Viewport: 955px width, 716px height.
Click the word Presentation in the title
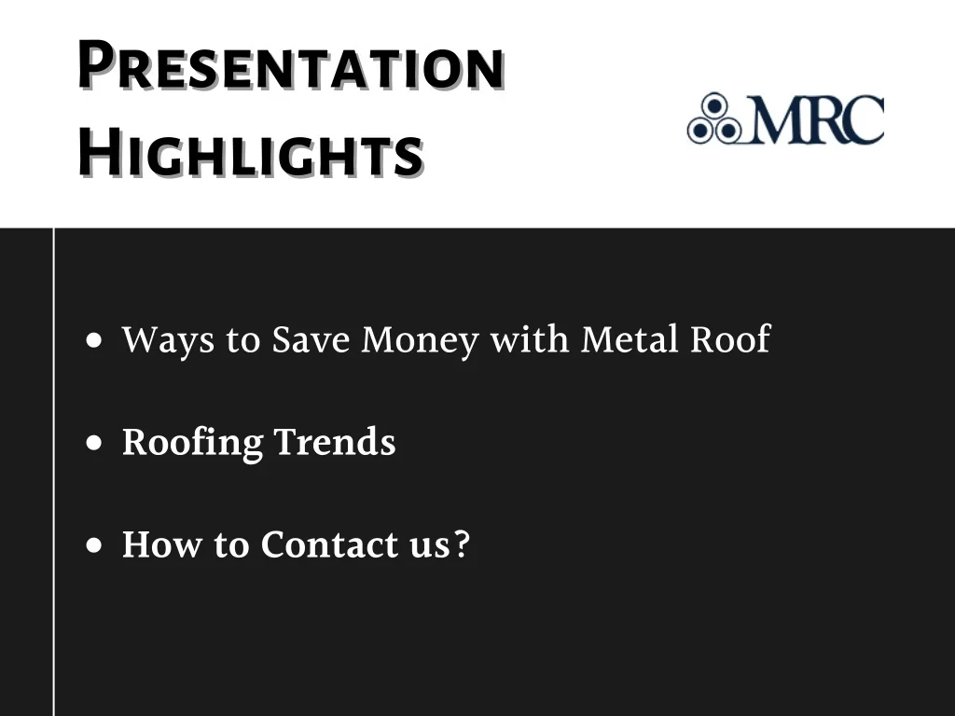coord(291,64)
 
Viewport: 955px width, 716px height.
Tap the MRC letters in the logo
coord(816,119)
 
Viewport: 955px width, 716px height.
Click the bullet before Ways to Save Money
coord(94,340)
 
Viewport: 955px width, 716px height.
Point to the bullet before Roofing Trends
coord(94,443)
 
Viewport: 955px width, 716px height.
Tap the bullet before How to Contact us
coord(94,544)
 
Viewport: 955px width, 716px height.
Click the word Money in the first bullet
coord(421,339)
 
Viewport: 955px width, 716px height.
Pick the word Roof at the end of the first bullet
coord(730,337)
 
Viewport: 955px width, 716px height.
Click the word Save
coord(311,338)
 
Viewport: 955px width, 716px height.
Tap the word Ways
coord(168,339)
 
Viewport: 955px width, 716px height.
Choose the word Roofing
coord(192,442)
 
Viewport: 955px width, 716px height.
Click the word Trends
coord(335,441)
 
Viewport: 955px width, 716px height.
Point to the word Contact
coord(329,544)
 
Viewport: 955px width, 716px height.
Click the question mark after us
coord(463,544)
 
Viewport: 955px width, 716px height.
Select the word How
coord(161,544)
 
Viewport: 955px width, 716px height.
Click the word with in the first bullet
coord(530,338)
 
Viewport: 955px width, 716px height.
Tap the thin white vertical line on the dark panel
coord(53,472)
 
